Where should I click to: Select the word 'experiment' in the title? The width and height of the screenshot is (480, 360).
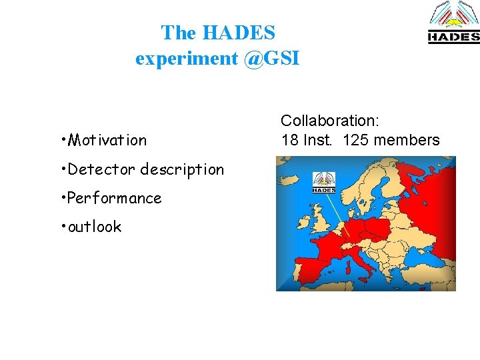(x=187, y=59)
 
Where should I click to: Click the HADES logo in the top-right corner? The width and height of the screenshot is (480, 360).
(x=453, y=23)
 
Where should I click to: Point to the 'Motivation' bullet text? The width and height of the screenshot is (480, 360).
(x=107, y=140)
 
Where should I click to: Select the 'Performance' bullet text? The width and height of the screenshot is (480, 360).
(x=115, y=198)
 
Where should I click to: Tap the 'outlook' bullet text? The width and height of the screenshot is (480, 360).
(x=95, y=227)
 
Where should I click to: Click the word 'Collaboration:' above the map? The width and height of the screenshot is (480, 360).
(x=329, y=121)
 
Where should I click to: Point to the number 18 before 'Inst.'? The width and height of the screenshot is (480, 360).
(x=289, y=140)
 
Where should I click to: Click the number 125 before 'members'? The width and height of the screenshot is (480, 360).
(x=357, y=140)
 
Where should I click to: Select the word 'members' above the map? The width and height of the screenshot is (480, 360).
(x=407, y=140)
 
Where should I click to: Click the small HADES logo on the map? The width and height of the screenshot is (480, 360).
(x=324, y=182)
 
